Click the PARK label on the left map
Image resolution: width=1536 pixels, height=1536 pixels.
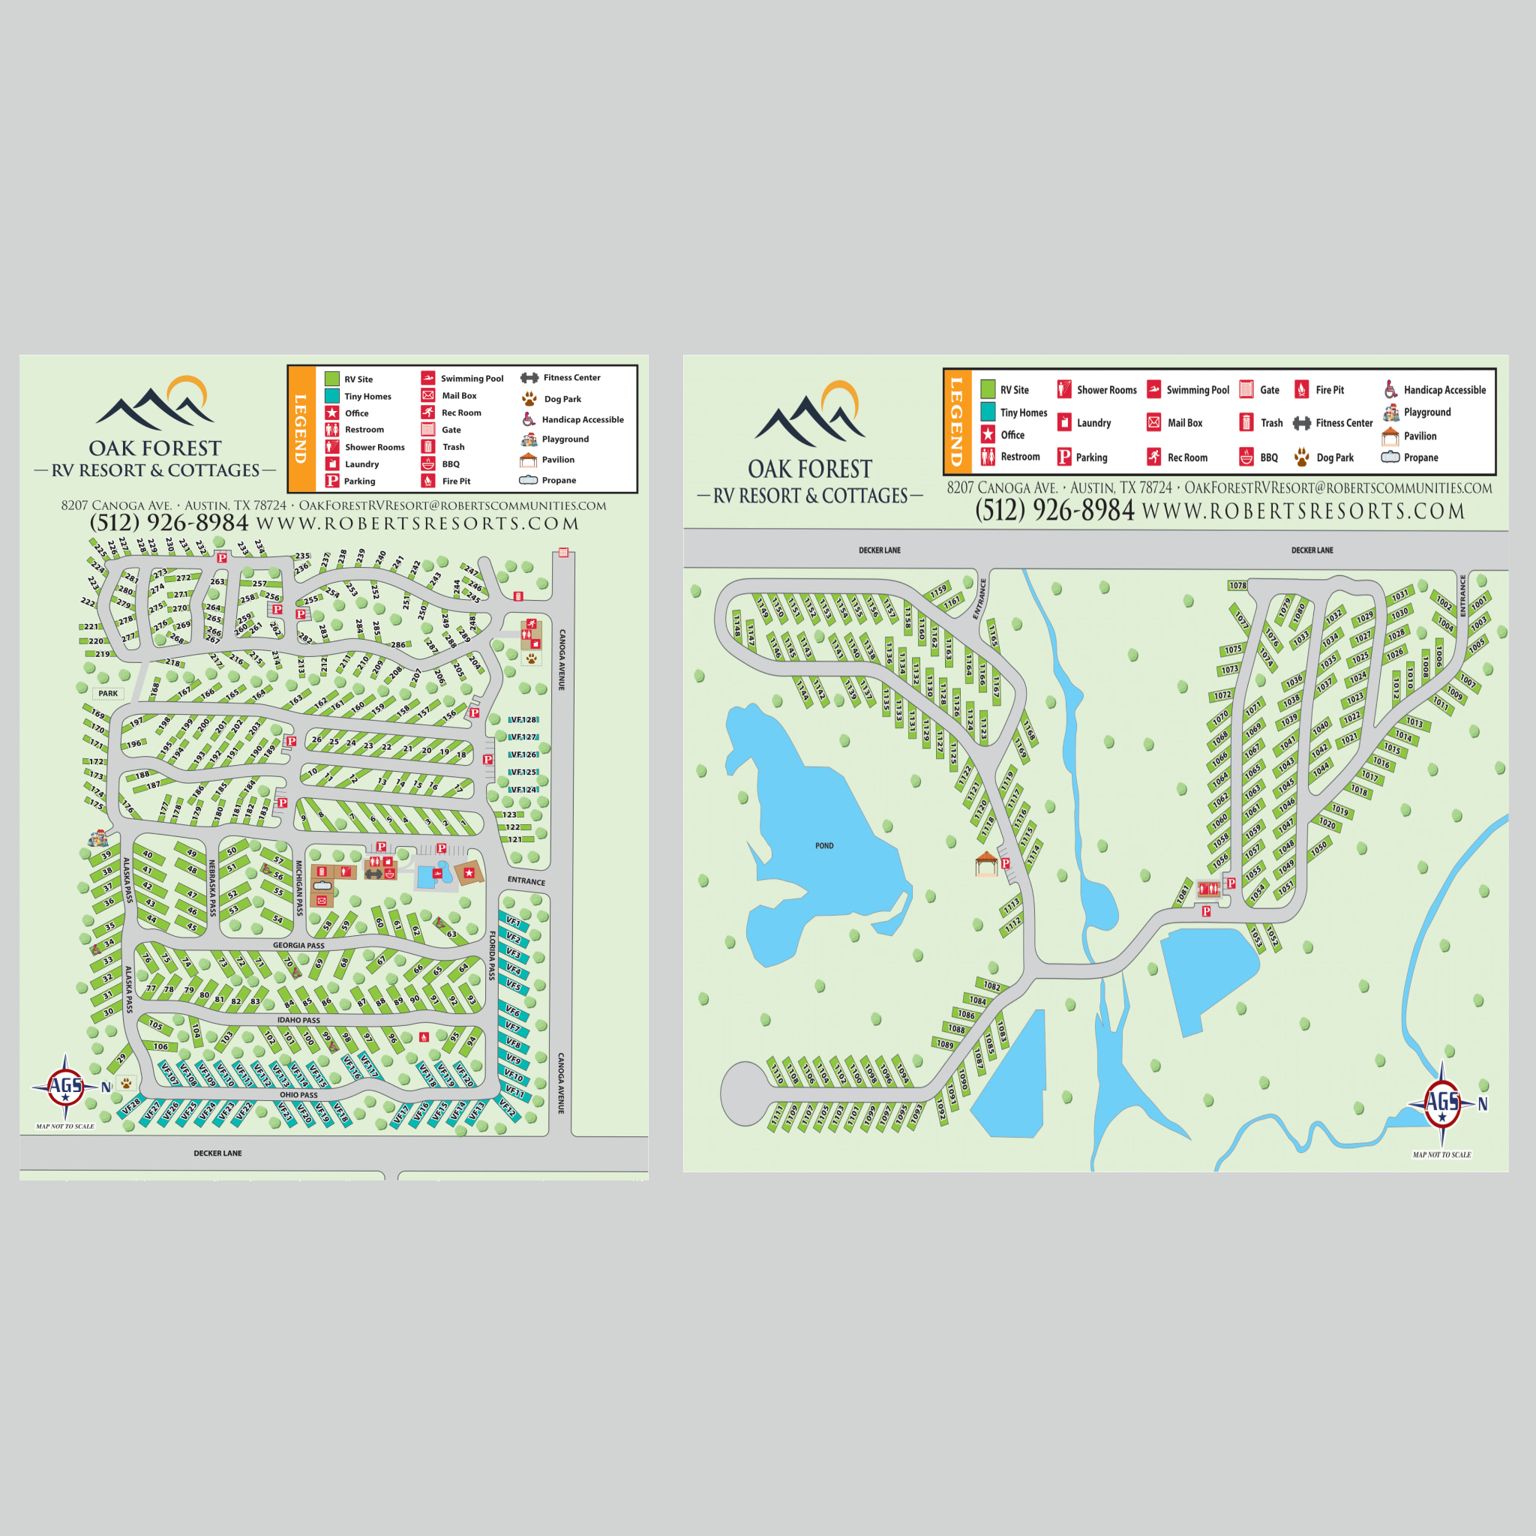click(x=108, y=693)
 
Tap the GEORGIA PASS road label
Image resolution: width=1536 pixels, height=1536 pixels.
click(x=299, y=945)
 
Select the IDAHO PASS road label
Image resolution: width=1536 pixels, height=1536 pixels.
click(x=299, y=1020)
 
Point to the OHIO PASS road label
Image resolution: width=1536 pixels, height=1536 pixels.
click(x=299, y=1095)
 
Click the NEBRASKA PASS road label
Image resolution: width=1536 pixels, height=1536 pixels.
click(x=212, y=887)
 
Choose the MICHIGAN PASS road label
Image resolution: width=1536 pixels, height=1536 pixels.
click(x=299, y=887)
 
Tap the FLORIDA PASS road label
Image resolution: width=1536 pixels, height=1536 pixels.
click(x=492, y=955)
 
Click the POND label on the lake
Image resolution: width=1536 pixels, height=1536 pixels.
click(x=824, y=846)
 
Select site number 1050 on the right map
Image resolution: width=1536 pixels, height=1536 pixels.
click(x=1319, y=849)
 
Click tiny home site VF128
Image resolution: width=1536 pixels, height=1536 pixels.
click(x=523, y=719)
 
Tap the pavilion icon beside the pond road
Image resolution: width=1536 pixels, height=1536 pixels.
click(x=985, y=862)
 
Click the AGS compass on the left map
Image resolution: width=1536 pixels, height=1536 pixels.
click(x=66, y=1086)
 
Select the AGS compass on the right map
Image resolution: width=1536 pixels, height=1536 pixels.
click(x=1441, y=1102)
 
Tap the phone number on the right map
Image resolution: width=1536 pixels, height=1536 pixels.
click(x=1054, y=511)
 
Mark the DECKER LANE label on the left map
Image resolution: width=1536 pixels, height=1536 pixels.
click(x=217, y=1153)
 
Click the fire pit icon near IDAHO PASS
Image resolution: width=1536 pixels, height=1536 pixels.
click(x=424, y=1036)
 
